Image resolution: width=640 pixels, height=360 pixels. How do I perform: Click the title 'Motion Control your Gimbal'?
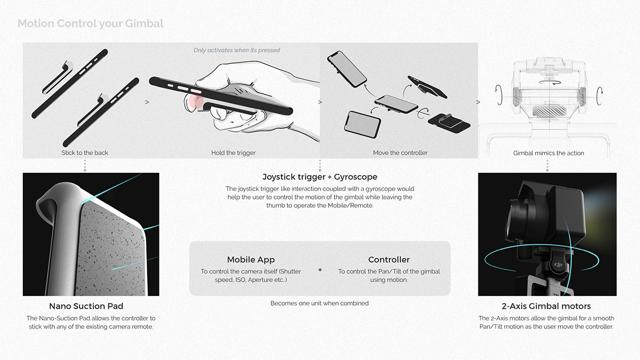91,23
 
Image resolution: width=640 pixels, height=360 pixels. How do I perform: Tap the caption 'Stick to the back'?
85,153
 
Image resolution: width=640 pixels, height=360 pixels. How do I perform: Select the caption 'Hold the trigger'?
234,153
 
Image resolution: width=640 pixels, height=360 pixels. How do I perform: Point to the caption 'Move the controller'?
400,153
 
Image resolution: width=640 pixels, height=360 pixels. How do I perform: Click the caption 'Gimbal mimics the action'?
549,153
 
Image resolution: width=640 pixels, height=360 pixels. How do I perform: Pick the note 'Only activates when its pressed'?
237,50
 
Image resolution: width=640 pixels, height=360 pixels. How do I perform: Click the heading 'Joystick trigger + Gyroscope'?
319,177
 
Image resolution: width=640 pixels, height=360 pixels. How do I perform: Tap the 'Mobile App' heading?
251,260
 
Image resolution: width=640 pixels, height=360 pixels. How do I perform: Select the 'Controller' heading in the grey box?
389,260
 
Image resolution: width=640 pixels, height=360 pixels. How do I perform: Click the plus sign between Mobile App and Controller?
320,270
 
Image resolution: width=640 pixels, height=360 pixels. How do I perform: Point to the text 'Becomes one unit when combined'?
319,303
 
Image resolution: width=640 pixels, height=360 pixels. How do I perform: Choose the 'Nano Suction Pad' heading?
86,306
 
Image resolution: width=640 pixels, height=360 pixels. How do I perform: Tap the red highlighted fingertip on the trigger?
193,101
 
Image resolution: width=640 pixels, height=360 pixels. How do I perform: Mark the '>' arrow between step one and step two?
147,102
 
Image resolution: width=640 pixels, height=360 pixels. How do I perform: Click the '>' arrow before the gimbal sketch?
478,102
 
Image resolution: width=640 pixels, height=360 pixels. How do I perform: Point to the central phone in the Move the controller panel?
396,104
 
